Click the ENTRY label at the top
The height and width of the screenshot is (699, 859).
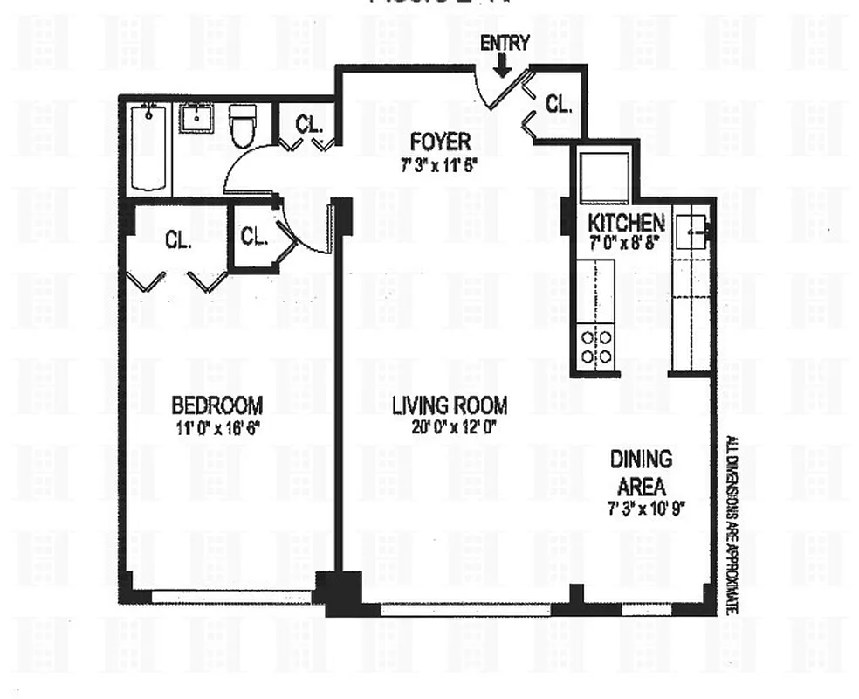(x=505, y=43)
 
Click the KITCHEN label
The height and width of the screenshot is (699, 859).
(x=626, y=223)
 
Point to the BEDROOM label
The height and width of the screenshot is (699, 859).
(x=216, y=405)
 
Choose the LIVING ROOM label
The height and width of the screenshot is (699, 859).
(x=449, y=405)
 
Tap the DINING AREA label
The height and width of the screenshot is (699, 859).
(x=641, y=472)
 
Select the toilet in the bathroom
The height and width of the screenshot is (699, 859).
(x=242, y=126)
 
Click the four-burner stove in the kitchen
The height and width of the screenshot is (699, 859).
(x=596, y=347)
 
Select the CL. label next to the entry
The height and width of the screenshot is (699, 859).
(x=559, y=105)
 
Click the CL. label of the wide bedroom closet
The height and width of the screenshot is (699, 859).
(x=179, y=239)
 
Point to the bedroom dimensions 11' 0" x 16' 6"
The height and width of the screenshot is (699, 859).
(x=216, y=428)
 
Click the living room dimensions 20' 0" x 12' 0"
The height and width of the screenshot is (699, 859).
(x=449, y=428)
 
